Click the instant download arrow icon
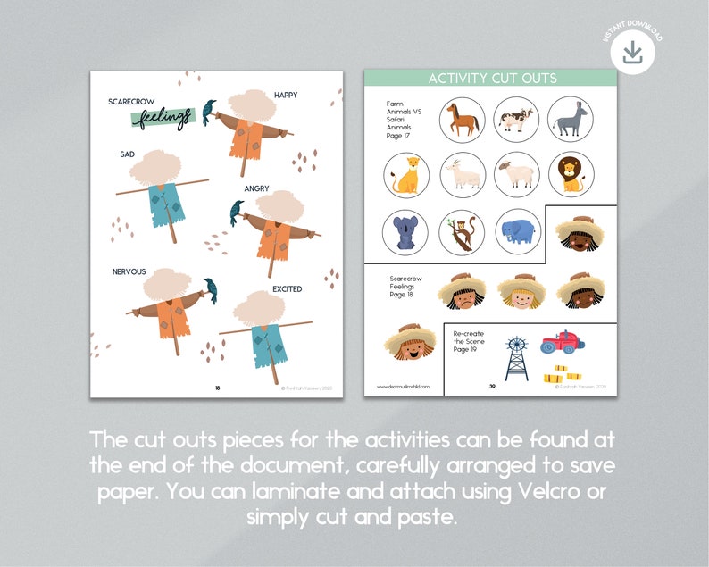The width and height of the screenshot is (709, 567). pyautogui.click(x=632, y=54)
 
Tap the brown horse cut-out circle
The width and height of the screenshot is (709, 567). pyautogui.click(x=462, y=120)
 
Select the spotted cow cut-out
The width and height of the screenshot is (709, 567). pyautogui.click(x=516, y=120)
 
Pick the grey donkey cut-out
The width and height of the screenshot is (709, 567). pyautogui.click(x=571, y=120)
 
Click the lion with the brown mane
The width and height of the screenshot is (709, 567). pyautogui.click(x=571, y=174)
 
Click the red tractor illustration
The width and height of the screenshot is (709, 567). pyautogui.click(x=562, y=342)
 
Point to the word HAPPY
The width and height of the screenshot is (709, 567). pyautogui.click(x=286, y=95)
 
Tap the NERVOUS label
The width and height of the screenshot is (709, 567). pyautogui.click(x=129, y=271)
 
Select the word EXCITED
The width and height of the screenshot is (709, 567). pyautogui.click(x=287, y=289)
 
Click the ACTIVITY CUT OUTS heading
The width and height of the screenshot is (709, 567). pyautogui.click(x=492, y=79)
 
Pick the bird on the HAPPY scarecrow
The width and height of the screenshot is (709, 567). pyautogui.click(x=209, y=111)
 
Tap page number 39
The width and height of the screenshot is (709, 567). pyautogui.click(x=492, y=387)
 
